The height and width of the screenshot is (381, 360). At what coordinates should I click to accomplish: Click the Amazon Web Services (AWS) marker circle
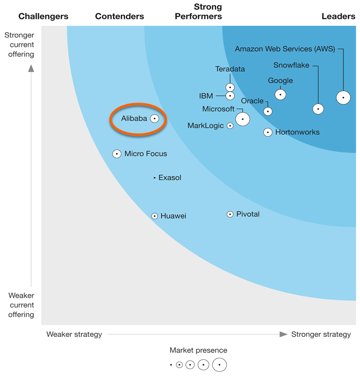pos(343,98)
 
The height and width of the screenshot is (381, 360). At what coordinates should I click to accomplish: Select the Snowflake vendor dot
pos(318,109)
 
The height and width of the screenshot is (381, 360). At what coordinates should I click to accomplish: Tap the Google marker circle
pos(280,94)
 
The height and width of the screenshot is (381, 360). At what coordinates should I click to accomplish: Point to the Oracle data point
pos(268,111)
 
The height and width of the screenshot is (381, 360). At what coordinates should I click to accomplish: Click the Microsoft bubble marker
pos(242,119)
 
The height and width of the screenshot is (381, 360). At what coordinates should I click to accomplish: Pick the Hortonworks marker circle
pos(268,133)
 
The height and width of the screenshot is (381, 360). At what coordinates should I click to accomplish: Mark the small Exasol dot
pos(154,178)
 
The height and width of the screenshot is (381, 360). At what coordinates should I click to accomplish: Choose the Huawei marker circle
pos(154,216)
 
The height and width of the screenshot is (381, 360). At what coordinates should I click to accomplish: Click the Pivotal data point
pos(230,214)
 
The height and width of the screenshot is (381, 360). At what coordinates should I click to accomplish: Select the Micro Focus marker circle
pos(117,154)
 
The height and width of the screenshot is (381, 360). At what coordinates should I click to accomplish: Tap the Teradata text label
pos(230,69)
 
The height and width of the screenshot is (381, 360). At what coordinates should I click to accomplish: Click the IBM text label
pos(206,96)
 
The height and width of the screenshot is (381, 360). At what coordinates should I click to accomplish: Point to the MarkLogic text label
pos(206,126)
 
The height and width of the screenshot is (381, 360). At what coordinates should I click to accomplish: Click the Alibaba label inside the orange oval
pos(134,118)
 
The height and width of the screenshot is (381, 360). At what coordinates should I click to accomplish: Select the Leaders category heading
pos(338,17)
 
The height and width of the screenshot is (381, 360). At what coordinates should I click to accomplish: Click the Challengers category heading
pos(43,17)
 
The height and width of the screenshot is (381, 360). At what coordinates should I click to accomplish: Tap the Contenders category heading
pos(120,17)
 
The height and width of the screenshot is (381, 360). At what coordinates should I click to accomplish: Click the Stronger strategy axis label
pos(321,335)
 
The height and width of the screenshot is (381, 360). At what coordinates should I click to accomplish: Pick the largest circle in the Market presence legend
pos(220,365)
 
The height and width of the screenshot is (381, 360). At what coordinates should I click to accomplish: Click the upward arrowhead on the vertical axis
pos(31,69)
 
